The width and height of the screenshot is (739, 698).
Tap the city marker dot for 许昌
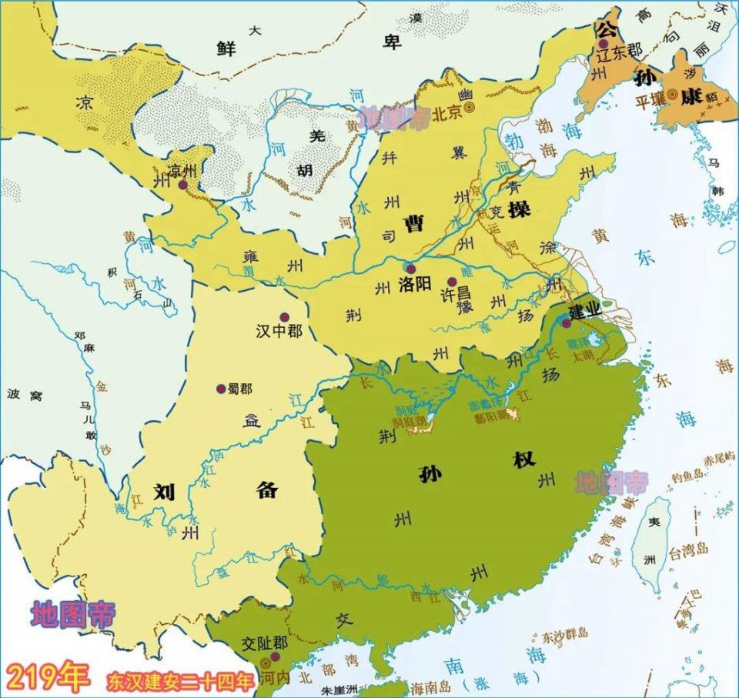(x=452, y=282)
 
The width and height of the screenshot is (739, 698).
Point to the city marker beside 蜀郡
(x=221, y=389)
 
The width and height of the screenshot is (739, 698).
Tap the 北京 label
(x=446, y=112)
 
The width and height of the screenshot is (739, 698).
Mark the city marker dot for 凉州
(x=182, y=185)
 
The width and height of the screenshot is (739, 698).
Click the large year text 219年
(x=47, y=677)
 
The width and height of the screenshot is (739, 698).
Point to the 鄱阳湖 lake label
(x=493, y=416)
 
